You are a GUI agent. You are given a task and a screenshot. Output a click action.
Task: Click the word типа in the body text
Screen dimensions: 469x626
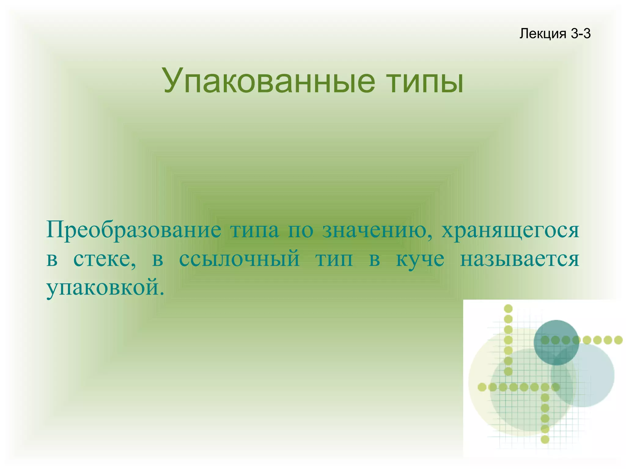254,230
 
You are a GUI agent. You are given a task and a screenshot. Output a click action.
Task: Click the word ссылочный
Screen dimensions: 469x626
239,259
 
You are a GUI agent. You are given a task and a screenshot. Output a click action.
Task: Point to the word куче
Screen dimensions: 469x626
420,259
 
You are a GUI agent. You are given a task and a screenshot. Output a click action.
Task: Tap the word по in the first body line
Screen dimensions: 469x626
300,230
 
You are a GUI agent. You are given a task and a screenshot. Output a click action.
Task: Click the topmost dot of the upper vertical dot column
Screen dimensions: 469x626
508,308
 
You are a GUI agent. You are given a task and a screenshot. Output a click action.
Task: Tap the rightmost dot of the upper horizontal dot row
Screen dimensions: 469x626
618,340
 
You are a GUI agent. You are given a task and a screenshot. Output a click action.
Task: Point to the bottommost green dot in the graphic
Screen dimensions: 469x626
545,439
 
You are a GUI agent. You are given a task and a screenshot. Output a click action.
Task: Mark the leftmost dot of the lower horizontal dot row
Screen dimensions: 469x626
482,387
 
